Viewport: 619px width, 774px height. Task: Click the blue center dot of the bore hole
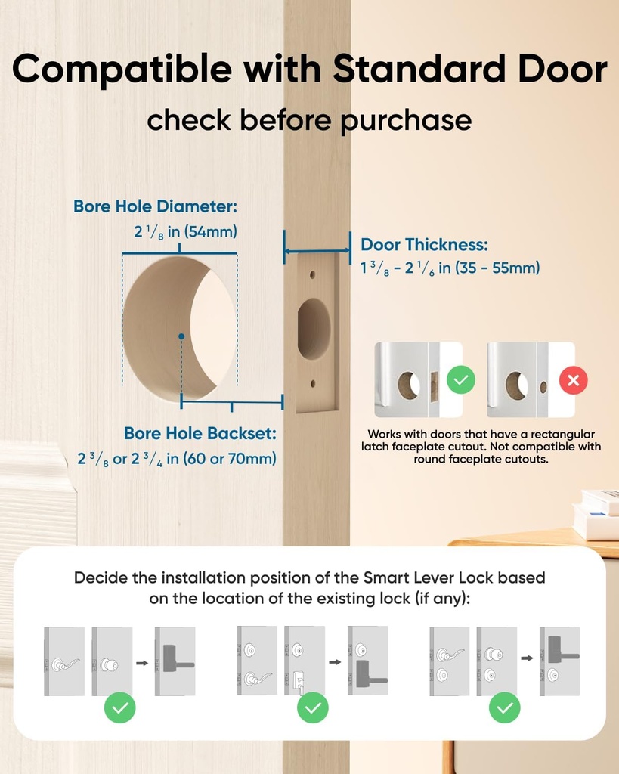(x=181, y=335)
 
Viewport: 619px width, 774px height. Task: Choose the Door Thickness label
(x=424, y=244)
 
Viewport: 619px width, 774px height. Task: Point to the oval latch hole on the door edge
(x=314, y=330)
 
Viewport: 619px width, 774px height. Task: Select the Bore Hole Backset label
(x=200, y=434)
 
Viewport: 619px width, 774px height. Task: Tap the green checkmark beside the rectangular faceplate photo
(x=460, y=379)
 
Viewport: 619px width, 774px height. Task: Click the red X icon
(x=573, y=380)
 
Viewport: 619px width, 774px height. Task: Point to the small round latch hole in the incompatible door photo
(x=543, y=386)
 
